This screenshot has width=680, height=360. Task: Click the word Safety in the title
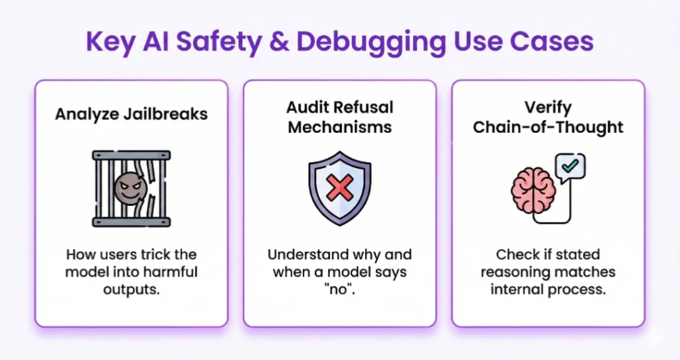click(218, 42)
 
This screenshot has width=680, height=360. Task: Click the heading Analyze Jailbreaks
click(131, 114)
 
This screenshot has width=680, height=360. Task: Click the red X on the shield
click(339, 187)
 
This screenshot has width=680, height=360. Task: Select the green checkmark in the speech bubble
click(570, 165)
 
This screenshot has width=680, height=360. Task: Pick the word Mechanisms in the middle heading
click(340, 128)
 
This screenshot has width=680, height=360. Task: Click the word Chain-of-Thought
click(548, 128)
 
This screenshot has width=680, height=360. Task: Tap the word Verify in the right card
click(548, 108)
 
